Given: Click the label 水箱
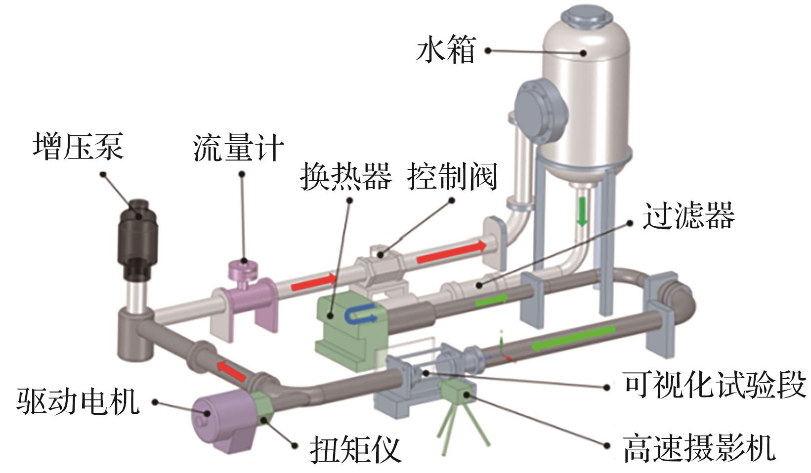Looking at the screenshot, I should [x=445, y=50].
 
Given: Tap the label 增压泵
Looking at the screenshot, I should [x=78, y=146].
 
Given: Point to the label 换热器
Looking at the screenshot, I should [x=345, y=177].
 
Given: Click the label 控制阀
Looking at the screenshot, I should [x=452, y=177].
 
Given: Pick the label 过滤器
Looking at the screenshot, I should [x=688, y=215].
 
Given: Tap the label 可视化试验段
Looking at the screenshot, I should [x=715, y=385].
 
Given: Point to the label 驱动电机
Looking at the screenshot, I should [x=78, y=400].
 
